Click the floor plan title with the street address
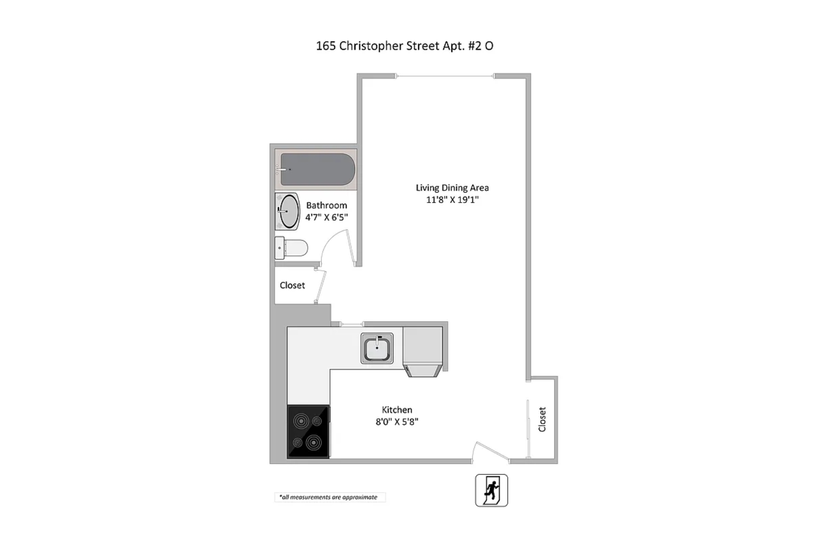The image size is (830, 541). pyautogui.click(x=405, y=46)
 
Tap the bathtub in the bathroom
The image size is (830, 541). pyautogui.click(x=317, y=169)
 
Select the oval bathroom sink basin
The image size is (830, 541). pyautogui.click(x=289, y=211)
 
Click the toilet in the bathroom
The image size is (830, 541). pyautogui.click(x=291, y=248)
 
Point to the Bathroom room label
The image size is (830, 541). pyautogui.click(x=327, y=205)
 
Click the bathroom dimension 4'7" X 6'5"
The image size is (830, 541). pyautogui.click(x=327, y=217)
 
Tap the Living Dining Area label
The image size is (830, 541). pyautogui.click(x=452, y=188)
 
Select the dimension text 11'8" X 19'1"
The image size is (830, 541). pyautogui.click(x=452, y=200)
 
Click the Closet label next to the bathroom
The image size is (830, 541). pyautogui.click(x=292, y=285)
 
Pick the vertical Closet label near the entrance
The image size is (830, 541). pyautogui.click(x=542, y=419)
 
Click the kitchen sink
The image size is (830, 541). pyautogui.click(x=377, y=348)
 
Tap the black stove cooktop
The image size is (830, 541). pyautogui.click(x=308, y=431)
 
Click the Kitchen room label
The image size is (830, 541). pyautogui.click(x=397, y=410)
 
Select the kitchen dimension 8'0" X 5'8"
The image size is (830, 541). pyautogui.click(x=397, y=422)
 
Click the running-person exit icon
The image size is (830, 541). pyautogui.click(x=491, y=490)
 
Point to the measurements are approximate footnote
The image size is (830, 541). pyautogui.click(x=328, y=497)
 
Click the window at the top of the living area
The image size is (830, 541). pyautogui.click(x=445, y=76)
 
